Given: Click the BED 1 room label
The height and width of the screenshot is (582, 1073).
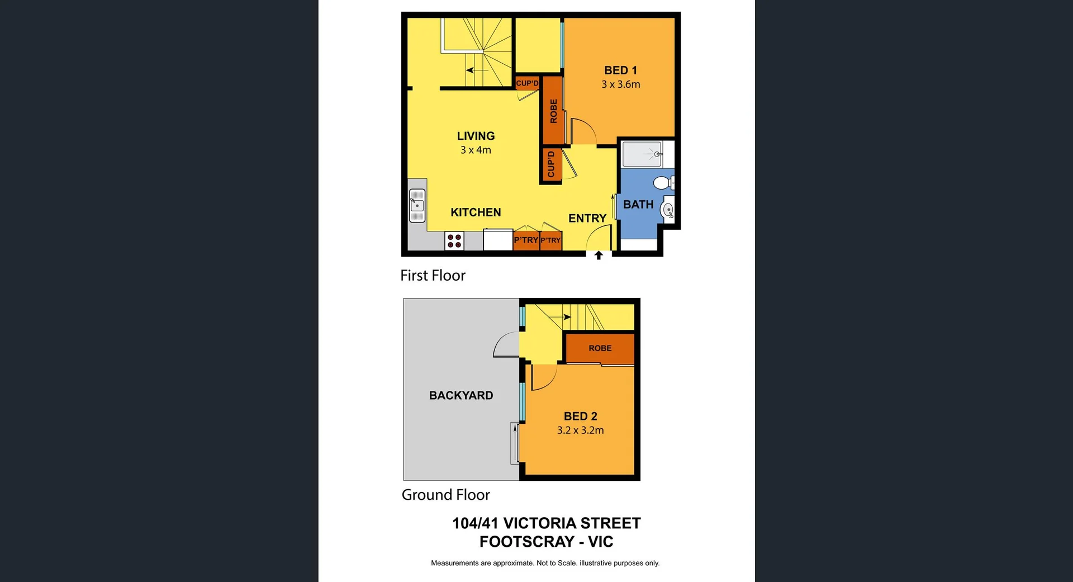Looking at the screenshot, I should click(620, 70).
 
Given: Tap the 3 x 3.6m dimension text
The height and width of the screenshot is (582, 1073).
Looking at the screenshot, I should click(620, 84).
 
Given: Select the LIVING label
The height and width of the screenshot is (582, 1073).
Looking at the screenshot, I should click(476, 136).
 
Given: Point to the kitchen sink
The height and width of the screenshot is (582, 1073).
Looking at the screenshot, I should click(417, 206).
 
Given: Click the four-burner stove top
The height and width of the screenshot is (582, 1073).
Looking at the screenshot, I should click(454, 241).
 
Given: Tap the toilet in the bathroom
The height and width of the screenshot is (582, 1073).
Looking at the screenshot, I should click(663, 182).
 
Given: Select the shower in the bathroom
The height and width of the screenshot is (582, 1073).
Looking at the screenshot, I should click(643, 154).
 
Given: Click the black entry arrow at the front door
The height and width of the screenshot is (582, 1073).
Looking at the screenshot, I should click(599, 255).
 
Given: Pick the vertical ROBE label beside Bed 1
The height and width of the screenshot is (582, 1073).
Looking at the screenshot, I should click(553, 111).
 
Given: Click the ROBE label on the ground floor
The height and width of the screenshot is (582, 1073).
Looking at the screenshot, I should click(600, 348).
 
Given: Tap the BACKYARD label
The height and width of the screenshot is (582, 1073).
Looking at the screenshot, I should click(461, 395).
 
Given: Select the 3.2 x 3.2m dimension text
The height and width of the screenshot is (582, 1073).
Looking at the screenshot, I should click(580, 430).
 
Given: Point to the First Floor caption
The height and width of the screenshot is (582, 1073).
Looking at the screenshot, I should click(433, 275).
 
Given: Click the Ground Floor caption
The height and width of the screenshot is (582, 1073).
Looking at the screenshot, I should click(445, 495).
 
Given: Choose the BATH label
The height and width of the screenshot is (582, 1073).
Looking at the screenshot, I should click(638, 205).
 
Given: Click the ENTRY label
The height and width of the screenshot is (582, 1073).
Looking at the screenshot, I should click(587, 218).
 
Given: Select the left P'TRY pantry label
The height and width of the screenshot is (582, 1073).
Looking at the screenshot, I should click(526, 240).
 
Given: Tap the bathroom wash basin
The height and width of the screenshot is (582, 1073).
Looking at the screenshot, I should click(668, 210).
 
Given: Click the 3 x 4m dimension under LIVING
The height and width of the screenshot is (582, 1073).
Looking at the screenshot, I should click(476, 150).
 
